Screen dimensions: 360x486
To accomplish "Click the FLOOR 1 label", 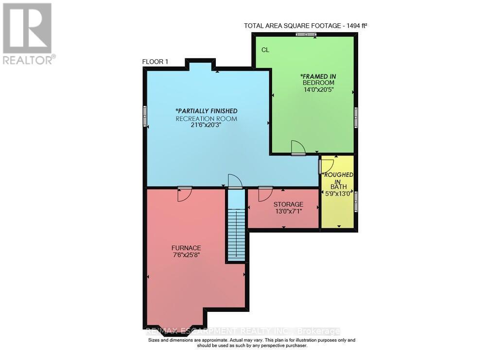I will [155, 62].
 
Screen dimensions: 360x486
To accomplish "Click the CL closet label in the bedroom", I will [265, 50].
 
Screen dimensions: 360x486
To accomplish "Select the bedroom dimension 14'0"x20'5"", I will [318, 90].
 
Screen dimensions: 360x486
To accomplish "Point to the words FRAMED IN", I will [318, 76].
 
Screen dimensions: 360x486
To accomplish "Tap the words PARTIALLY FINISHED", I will [207, 111].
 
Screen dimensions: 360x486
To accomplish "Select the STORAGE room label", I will [288, 204].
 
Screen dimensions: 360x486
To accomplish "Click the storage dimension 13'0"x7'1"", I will [288, 212].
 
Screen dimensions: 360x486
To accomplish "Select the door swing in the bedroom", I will [297, 147].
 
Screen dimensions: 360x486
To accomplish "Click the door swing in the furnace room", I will [184, 194].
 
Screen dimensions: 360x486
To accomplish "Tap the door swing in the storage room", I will [264, 194].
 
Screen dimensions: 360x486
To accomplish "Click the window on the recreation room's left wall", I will [144, 117].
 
